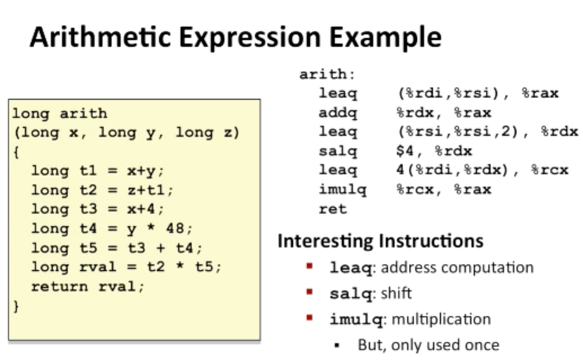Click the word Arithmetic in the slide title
pyautogui.click(x=100, y=37)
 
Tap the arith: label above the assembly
pyautogui.click(x=327, y=74)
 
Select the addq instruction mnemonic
pyautogui.click(x=338, y=113)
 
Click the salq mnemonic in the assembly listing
pyautogui.click(x=338, y=151)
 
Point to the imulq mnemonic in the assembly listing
pyautogui.click(x=342, y=190)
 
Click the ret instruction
pyautogui.click(x=333, y=209)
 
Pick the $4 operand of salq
pyautogui.click(x=405, y=151)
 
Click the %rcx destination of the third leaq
pyautogui.click(x=550, y=170)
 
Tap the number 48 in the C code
pyautogui.click(x=175, y=228)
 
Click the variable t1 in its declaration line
pyautogui.click(x=88, y=171)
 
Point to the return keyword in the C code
pyautogui.click(x=60, y=286)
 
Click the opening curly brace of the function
pyautogui.click(x=17, y=152)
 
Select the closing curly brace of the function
pyautogui.click(x=17, y=306)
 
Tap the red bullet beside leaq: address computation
pyautogui.click(x=309, y=266)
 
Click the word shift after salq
pyautogui.click(x=396, y=294)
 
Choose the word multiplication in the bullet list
pyautogui.click(x=441, y=320)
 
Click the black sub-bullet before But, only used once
pyautogui.click(x=337, y=346)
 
